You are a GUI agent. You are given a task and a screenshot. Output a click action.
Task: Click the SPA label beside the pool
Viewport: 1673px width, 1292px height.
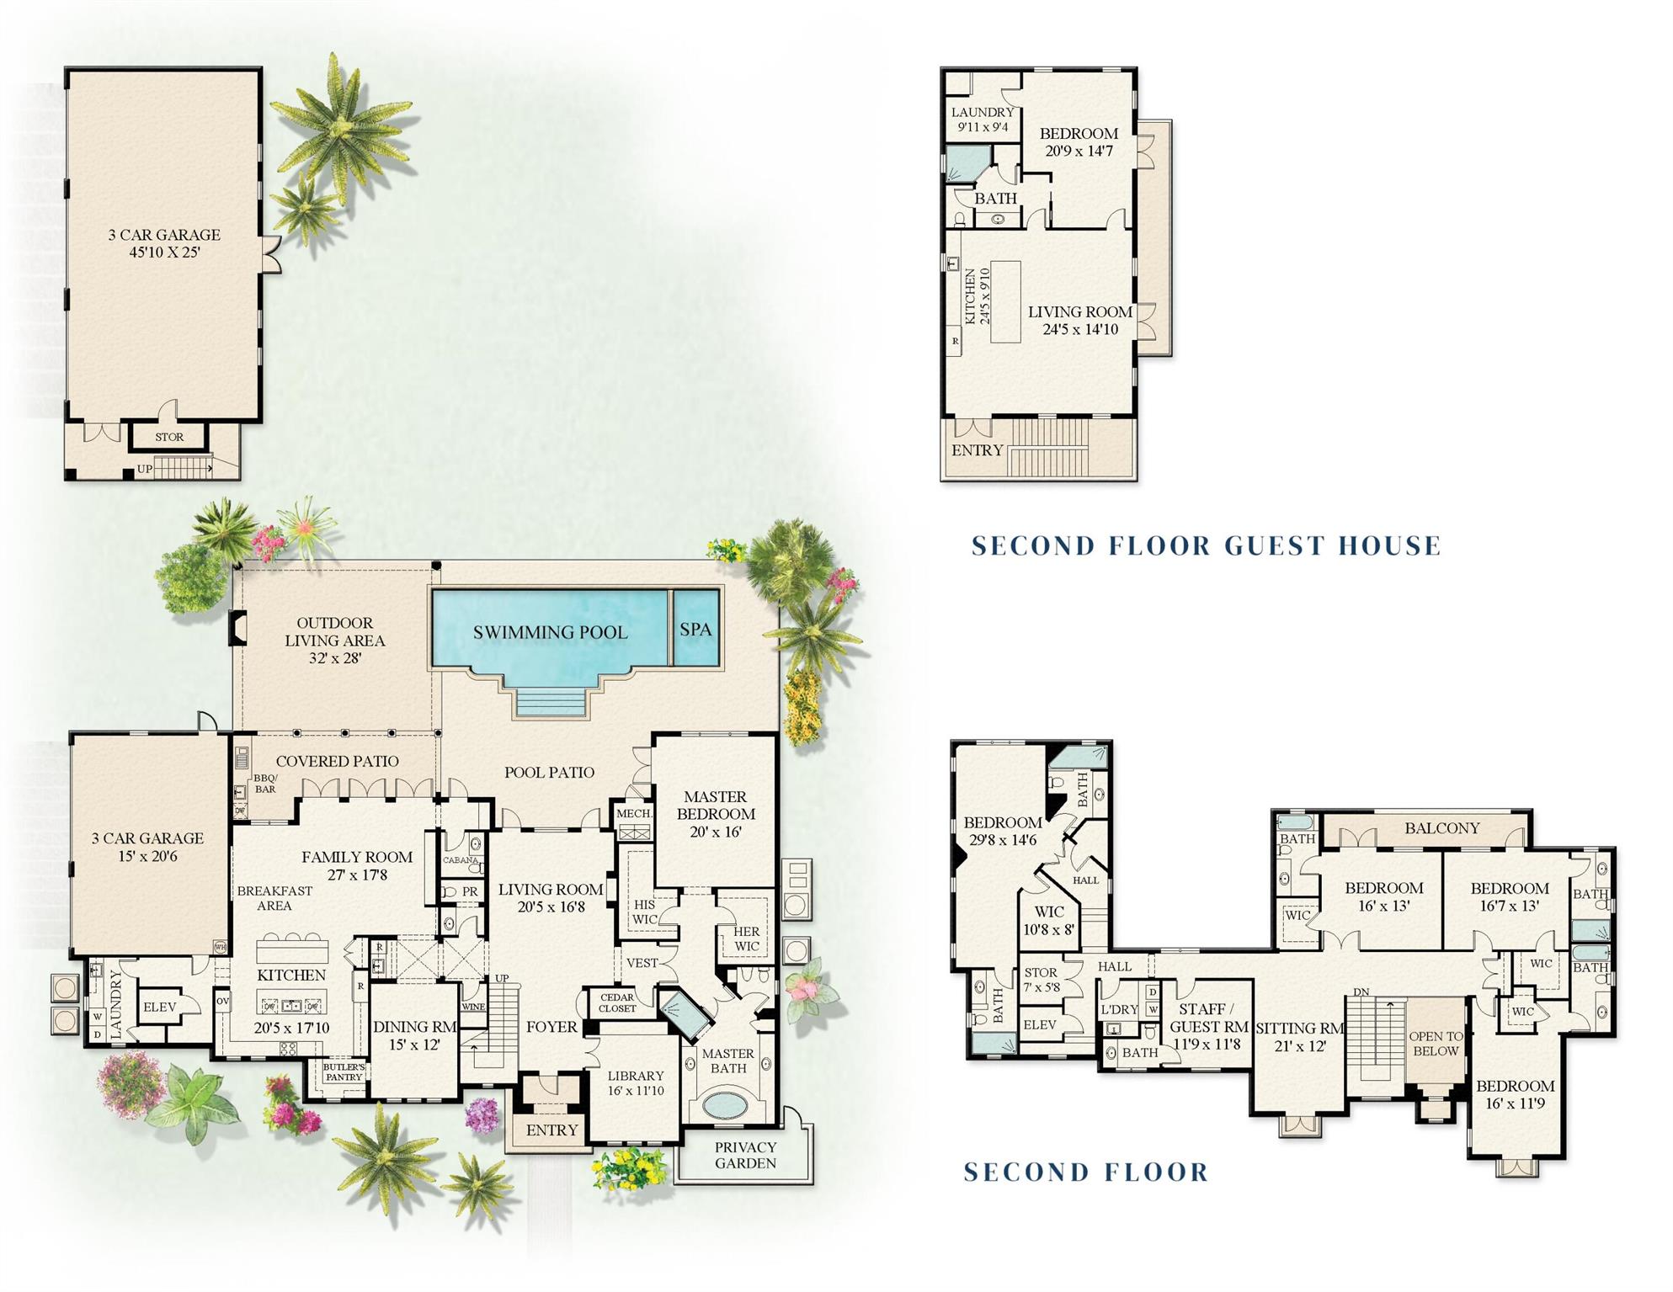695,630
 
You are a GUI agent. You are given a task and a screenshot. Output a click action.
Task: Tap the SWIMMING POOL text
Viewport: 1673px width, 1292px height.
550,633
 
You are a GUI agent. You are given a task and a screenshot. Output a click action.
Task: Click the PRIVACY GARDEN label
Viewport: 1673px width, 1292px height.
745,1155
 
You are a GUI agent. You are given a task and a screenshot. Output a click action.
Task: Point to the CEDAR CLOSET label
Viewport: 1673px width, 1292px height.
617,1002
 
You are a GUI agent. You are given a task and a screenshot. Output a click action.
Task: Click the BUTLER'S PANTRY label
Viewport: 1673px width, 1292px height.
344,1071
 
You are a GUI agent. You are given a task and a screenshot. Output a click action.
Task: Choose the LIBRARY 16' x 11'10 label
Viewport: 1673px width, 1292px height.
636,1082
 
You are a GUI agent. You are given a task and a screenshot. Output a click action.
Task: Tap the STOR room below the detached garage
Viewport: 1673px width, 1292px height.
169,437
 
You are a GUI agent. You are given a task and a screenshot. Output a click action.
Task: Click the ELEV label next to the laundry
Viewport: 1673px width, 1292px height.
160,1007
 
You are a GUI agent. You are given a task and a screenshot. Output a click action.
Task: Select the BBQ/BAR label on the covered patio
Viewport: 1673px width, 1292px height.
265,784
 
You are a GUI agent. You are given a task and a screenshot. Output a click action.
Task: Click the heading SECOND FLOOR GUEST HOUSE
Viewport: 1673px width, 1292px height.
1206,545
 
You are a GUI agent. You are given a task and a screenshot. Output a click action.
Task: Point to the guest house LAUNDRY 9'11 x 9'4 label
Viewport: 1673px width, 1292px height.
983,120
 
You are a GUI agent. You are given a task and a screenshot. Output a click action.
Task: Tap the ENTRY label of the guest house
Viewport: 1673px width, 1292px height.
977,450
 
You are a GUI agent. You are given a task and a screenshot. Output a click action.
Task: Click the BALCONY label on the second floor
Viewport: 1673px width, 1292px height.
1441,828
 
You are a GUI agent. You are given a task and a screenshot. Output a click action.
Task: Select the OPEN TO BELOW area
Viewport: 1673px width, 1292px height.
1436,1044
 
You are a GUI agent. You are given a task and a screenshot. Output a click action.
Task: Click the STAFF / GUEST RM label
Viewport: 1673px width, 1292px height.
1208,1026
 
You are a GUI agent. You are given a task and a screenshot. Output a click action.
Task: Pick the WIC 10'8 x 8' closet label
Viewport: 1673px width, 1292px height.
1049,920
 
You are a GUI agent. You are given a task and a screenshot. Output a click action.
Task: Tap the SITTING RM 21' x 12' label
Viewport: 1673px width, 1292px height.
1299,1036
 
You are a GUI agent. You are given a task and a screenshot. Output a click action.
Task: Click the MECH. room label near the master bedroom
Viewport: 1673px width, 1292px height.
634,813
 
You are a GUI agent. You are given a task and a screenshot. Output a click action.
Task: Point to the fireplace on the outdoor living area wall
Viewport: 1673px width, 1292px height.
238,628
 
